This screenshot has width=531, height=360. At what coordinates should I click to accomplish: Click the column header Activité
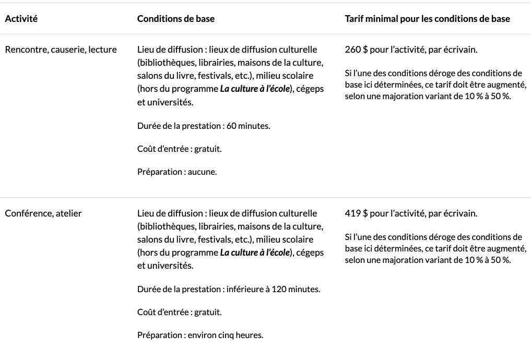click(21, 19)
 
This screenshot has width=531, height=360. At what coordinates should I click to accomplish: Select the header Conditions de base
click(175, 19)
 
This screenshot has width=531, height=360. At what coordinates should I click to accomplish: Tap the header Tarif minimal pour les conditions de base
click(428, 19)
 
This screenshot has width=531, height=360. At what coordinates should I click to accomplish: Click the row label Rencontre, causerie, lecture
click(61, 50)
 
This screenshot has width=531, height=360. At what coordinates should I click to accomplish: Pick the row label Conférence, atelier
click(43, 213)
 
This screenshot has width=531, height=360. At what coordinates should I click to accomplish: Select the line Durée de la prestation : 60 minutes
click(204, 126)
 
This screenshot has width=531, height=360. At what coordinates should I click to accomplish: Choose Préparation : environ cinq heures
click(200, 334)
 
